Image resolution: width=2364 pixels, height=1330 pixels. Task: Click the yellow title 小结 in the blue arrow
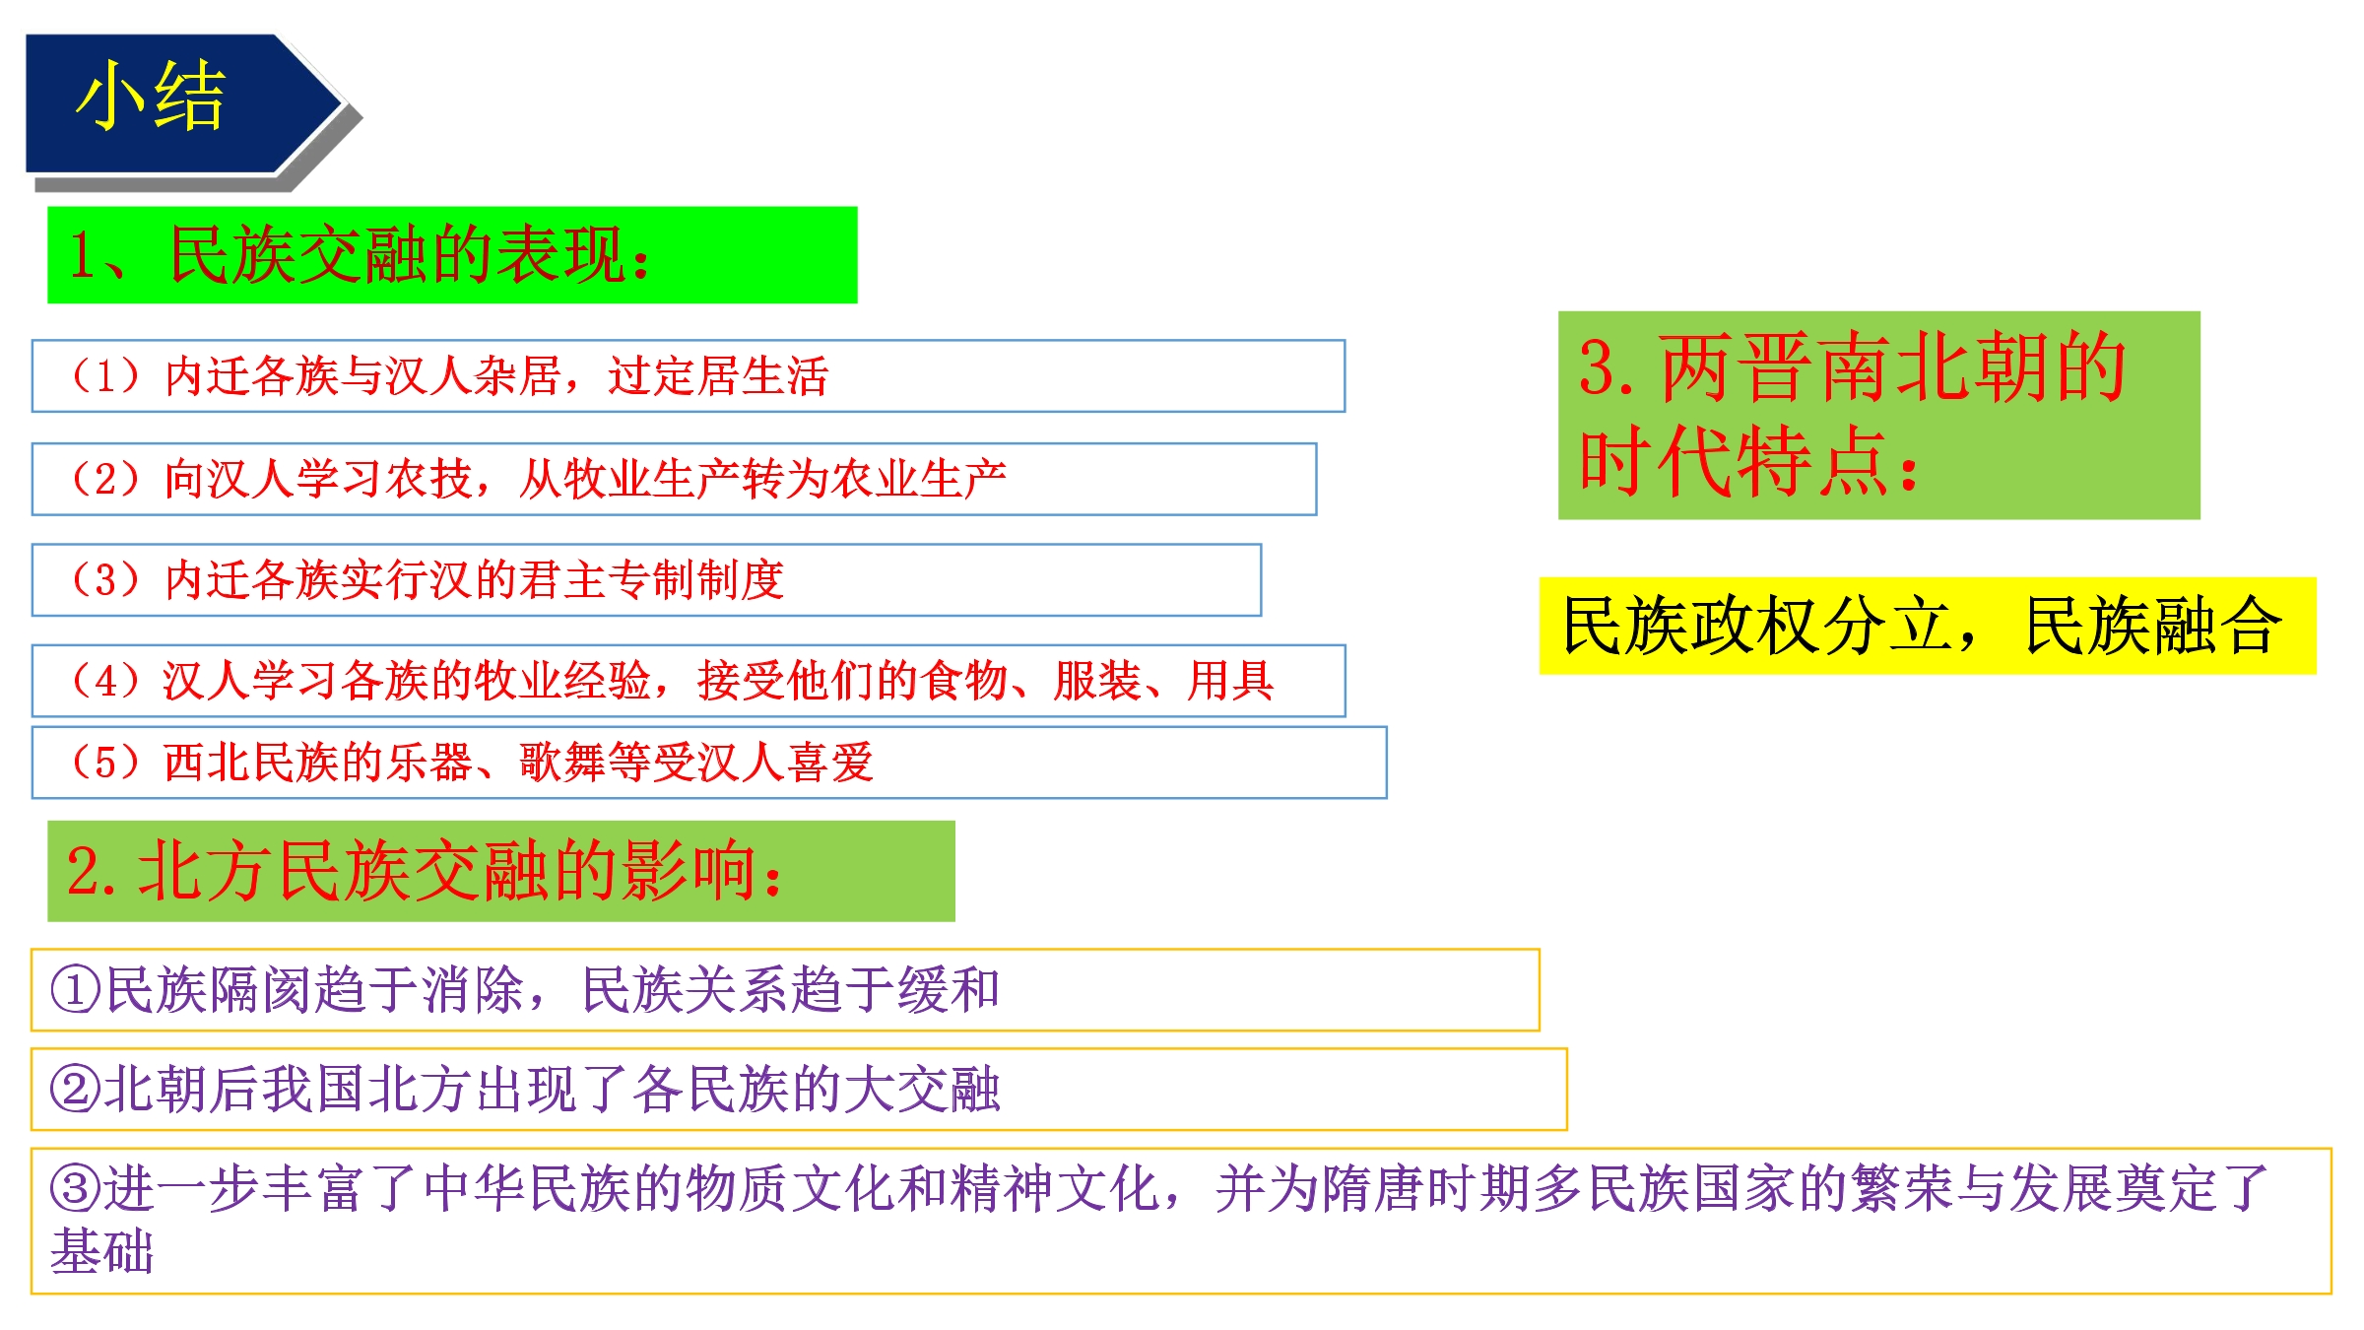[150, 96]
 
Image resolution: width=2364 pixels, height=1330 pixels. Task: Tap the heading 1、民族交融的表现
[361, 255]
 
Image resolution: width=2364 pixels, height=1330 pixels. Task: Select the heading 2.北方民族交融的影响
[426, 871]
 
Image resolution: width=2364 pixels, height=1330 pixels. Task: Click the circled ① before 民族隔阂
[76, 990]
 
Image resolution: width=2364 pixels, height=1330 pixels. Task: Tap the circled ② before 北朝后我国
[76, 1091]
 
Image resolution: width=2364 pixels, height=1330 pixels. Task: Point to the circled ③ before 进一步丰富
[76, 1189]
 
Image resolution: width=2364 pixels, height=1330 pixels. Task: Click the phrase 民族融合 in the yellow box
[2153, 626]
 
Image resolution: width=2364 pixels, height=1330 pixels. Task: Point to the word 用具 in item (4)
[1230, 681]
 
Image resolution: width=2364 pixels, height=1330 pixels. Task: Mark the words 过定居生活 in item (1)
[718, 376]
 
